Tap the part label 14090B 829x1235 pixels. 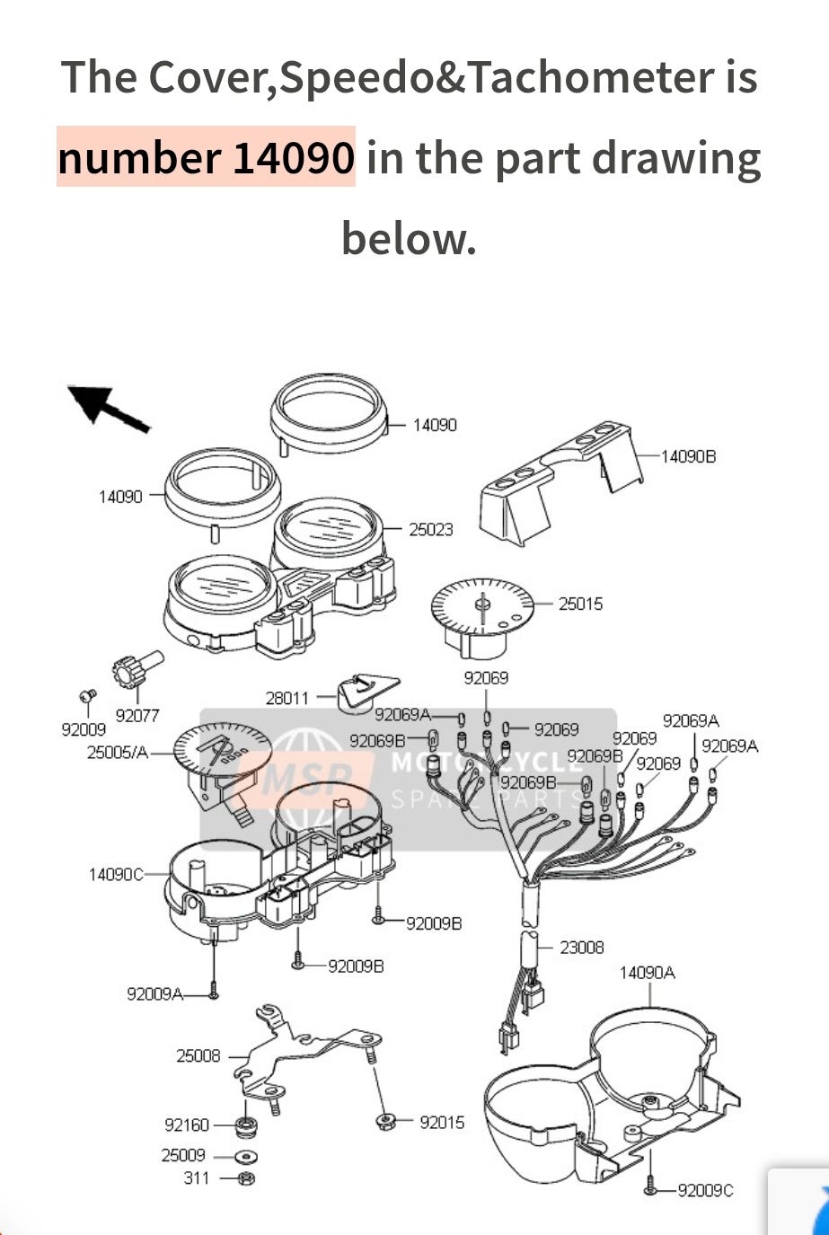click(688, 456)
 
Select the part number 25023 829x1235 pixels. click(431, 530)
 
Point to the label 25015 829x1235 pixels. click(580, 604)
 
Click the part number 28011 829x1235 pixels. click(287, 698)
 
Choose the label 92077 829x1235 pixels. click(137, 716)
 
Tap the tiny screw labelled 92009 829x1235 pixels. click(88, 696)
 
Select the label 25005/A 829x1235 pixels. click(118, 753)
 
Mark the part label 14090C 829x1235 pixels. click(116, 874)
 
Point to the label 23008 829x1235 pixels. click(581, 947)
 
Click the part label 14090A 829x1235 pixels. click(648, 973)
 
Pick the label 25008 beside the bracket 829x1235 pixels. click(198, 1055)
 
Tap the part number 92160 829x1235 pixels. click(187, 1125)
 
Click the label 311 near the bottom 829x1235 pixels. click(197, 1178)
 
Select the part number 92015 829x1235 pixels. click(442, 1122)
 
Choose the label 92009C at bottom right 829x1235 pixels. click(705, 1190)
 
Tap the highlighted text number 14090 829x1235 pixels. click(206, 157)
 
